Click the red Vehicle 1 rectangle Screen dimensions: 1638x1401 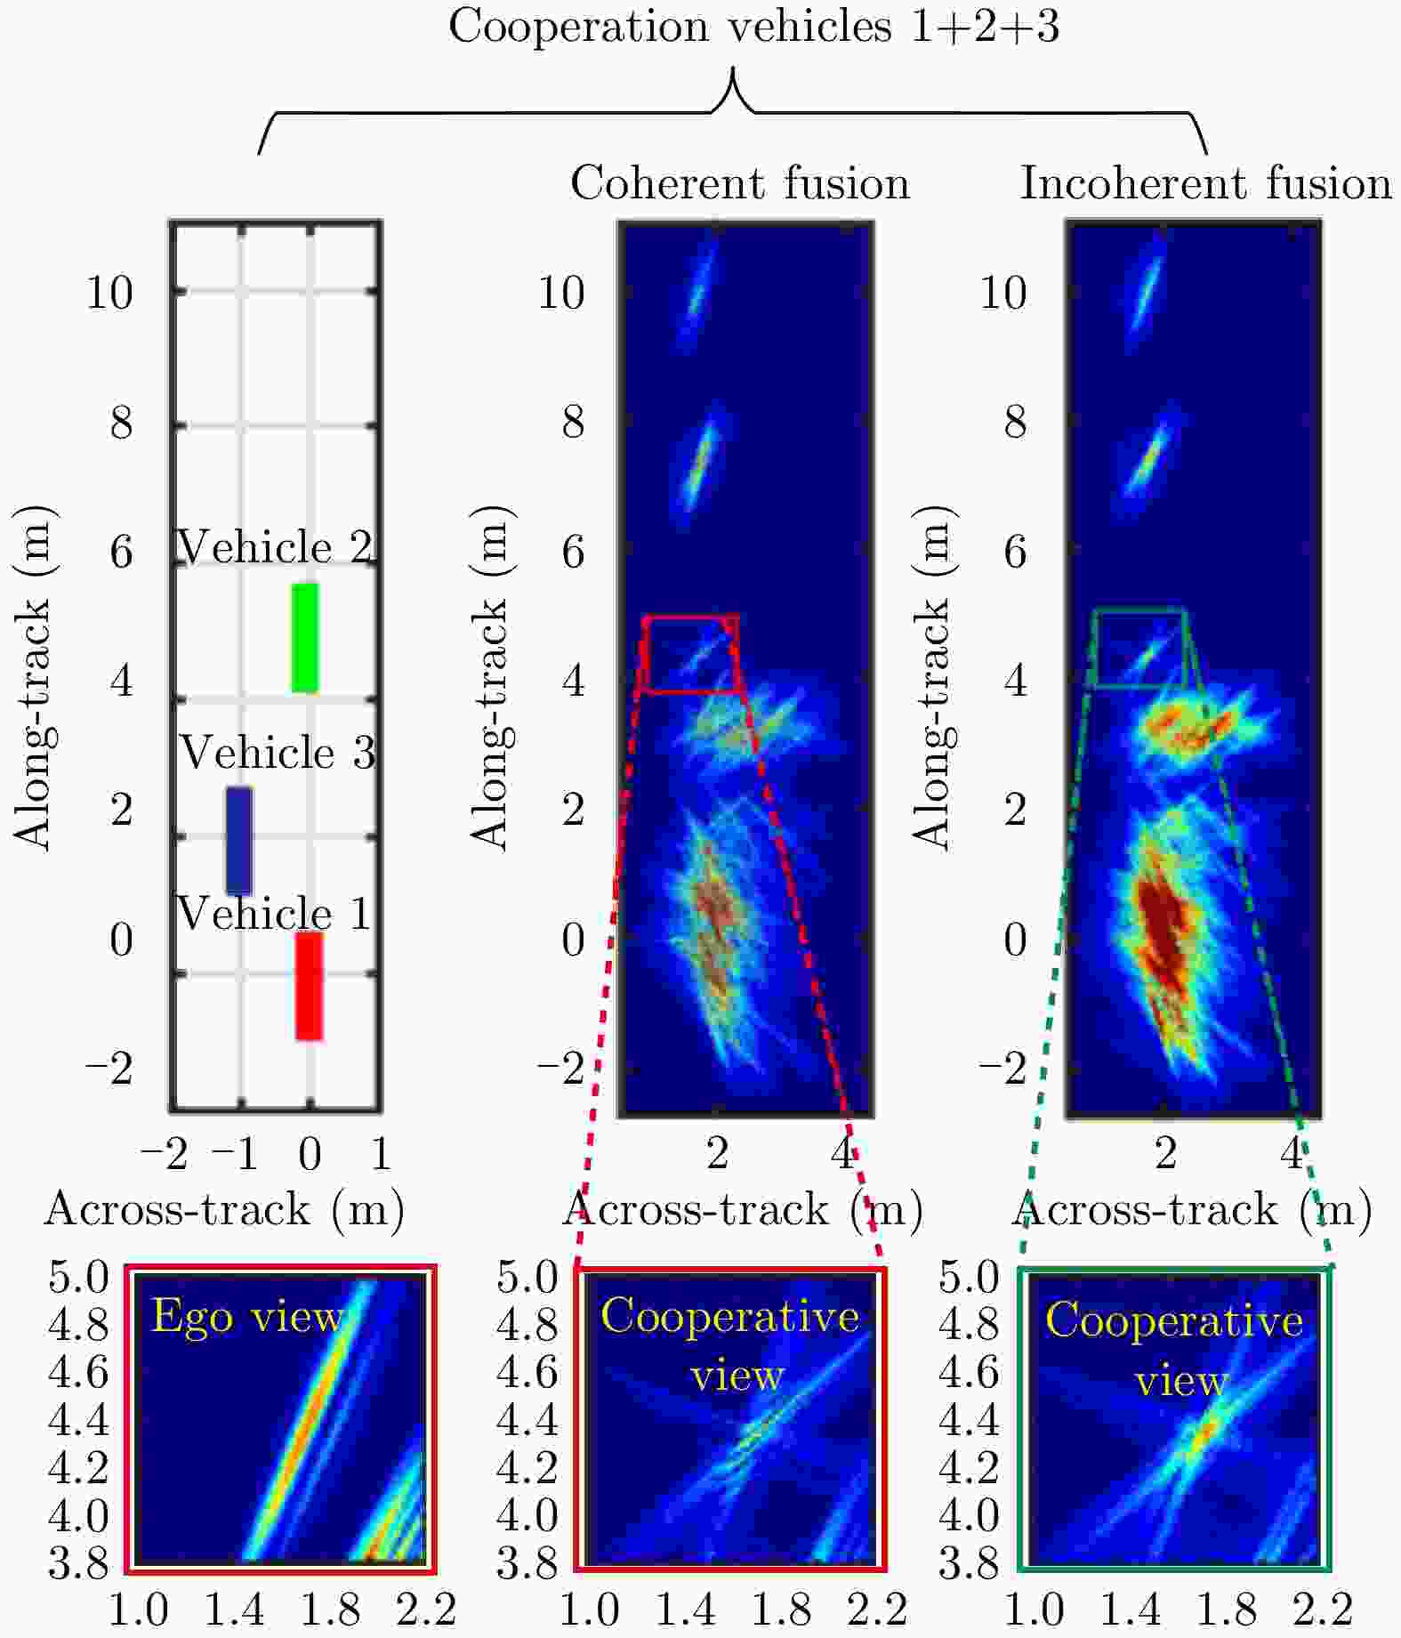tap(309, 985)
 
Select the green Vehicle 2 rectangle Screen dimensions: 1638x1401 tap(304, 637)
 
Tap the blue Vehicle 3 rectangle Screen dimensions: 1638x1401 tap(238, 840)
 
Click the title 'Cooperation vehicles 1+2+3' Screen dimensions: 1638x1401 tap(753, 27)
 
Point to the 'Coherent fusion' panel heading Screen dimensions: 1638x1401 tap(740, 184)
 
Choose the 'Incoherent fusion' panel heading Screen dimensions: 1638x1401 tap(1205, 184)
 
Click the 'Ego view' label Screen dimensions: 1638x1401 tap(247, 1316)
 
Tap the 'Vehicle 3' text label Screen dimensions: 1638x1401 tap(278, 753)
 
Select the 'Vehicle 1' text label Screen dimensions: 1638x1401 tap(274, 914)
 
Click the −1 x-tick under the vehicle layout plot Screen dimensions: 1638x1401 tap(237, 1154)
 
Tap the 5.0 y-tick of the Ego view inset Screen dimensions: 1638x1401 tap(78, 1278)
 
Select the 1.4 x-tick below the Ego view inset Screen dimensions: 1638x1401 tap(235, 1609)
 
